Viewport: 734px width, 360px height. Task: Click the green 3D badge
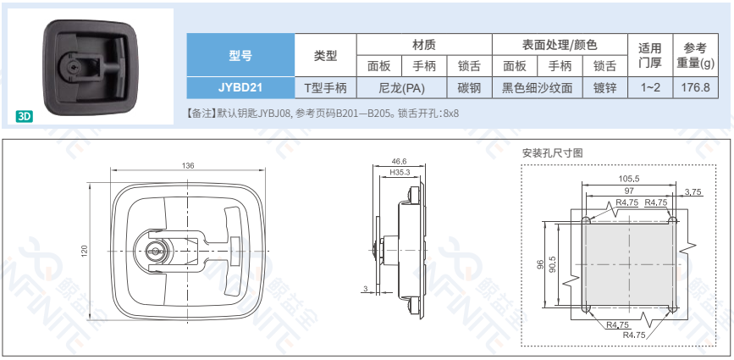click(24, 116)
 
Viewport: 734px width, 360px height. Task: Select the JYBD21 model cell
click(240, 87)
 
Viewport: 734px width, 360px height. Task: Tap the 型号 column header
click(240, 55)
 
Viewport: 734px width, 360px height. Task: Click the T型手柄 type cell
click(326, 87)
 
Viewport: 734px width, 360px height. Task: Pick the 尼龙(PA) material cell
click(401, 87)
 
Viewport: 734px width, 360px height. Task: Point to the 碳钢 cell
click(469, 87)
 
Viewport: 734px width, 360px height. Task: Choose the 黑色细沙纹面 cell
click(538, 87)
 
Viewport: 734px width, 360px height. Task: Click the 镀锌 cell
click(604, 87)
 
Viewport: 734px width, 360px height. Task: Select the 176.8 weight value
click(696, 87)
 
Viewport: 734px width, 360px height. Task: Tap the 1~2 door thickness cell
click(650, 87)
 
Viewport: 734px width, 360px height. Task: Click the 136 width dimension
click(188, 165)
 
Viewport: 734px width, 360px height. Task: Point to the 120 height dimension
click(85, 252)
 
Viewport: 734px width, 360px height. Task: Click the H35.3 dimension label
click(400, 173)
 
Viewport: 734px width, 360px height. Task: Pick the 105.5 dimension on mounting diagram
click(629, 179)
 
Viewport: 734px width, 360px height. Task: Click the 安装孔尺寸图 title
click(552, 153)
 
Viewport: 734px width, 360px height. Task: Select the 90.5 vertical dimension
click(552, 264)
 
